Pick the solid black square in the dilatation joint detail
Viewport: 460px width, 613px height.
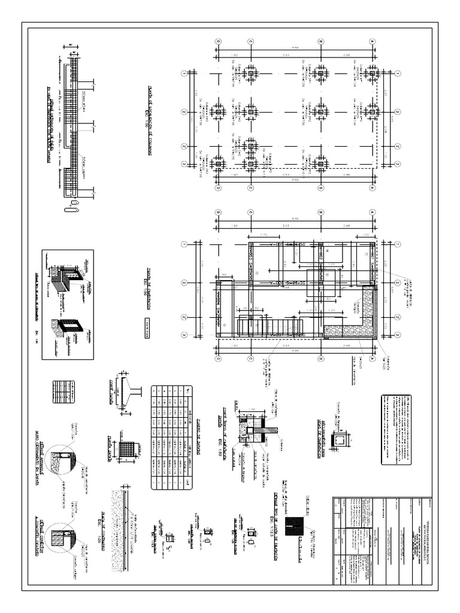(296, 527)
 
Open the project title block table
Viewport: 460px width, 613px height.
(383, 542)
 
